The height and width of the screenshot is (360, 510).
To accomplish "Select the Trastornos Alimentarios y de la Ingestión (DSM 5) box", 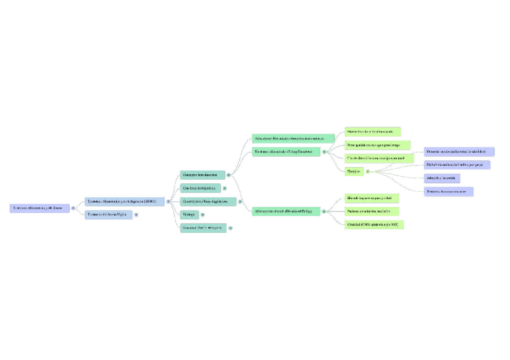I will click(124, 201).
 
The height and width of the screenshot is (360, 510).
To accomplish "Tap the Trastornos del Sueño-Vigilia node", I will click(108, 215).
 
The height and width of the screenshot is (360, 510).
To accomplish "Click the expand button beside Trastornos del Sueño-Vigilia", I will click(137, 215).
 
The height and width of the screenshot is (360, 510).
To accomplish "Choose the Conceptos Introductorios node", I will click(203, 175).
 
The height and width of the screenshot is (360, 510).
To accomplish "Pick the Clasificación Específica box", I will click(200, 188).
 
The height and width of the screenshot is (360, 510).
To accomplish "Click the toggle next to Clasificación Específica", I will click(224, 188).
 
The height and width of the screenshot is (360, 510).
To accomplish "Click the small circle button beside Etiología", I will click(203, 215).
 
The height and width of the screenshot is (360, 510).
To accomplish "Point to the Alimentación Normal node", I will click(293, 139).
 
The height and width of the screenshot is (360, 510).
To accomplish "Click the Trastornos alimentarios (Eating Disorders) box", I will click(286, 152).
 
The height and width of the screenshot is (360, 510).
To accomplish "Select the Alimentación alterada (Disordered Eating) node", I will click(286, 212).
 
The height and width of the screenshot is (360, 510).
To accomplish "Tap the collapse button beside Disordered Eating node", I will click(324, 212).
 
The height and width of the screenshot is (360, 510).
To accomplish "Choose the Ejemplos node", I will click(354, 171).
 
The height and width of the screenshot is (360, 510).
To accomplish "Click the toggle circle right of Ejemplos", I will click(367, 171).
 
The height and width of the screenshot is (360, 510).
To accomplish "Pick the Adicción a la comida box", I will click(442, 178).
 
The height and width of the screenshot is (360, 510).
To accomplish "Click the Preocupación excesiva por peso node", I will click(377, 145).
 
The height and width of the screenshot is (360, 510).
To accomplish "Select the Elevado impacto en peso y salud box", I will click(372, 198).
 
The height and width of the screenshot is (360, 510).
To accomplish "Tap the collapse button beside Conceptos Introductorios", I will click(229, 175).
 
